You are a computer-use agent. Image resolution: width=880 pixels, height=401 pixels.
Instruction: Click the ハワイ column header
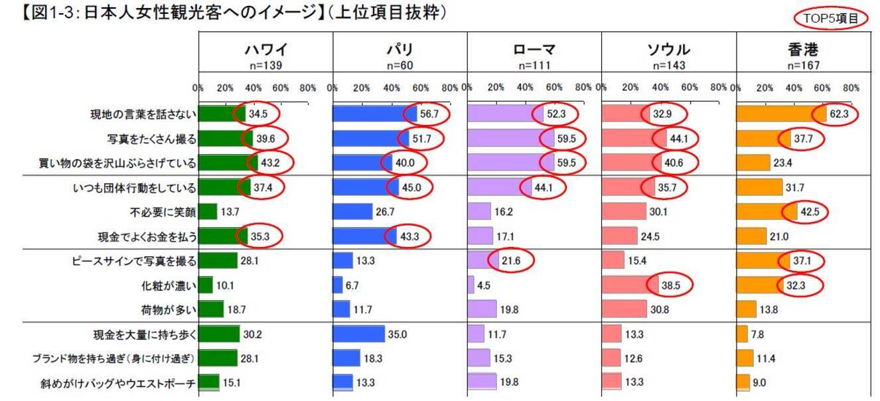pyautogui.click(x=265, y=49)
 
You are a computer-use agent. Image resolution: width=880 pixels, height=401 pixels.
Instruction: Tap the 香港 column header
pyautogui.click(x=803, y=49)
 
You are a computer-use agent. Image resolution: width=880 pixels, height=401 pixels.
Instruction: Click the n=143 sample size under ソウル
pyautogui.click(x=668, y=66)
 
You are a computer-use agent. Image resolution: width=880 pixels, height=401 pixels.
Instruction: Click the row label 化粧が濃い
pyautogui.click(x=169, y=286)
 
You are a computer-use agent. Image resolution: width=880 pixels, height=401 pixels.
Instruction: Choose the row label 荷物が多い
pyautogui.click(x=169, y=310)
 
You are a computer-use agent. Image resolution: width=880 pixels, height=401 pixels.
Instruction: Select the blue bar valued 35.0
pyautogui.click(x=358, y=335)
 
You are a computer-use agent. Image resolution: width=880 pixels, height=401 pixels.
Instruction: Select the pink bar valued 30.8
pyautogui.click(x=624, y=310)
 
